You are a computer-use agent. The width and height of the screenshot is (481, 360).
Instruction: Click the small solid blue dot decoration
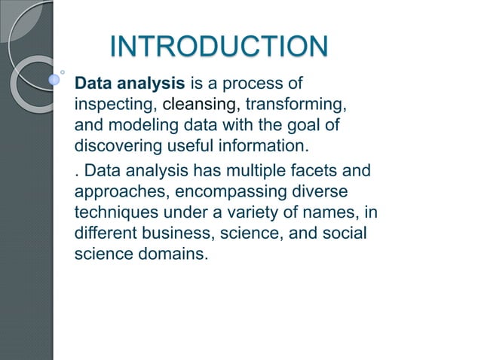tap(54, 78)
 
